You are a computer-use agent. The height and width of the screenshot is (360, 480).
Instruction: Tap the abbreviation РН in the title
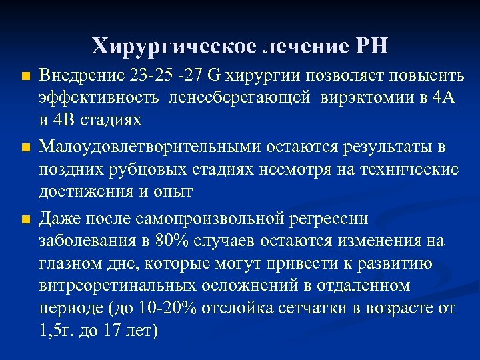click(370, 47)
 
